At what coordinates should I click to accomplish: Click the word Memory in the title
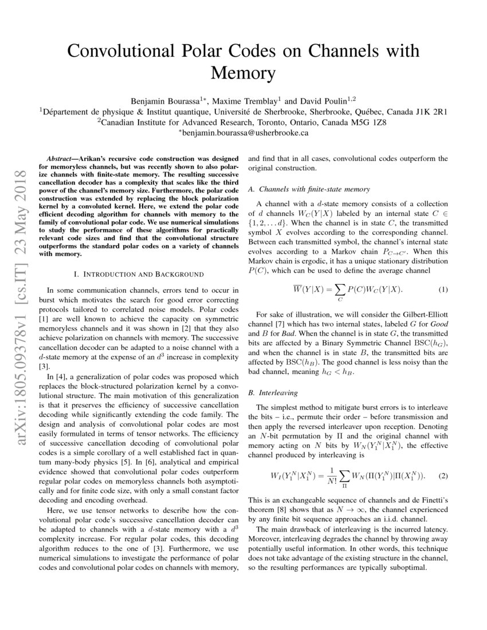coord(244,73)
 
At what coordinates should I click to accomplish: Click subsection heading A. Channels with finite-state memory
coord(309,189)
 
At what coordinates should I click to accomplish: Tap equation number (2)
coord(443,476)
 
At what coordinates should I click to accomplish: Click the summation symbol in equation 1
coord(340,290)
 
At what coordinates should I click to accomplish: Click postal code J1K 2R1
coord(428,111)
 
